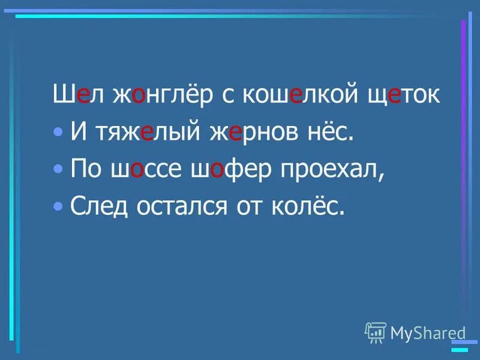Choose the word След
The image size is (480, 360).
[96, 206]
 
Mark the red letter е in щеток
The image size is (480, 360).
[394, 96]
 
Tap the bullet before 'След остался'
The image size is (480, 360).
[58, 206]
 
